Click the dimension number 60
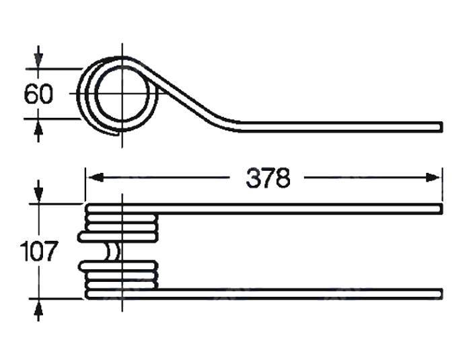pos(38,94)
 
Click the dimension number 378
pos(268,178)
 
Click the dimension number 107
pos(38,251)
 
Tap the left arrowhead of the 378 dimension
pos(96,178)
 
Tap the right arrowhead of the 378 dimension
pos(433,178)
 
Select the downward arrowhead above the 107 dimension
pos(38,196)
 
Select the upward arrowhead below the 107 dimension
pos(38,307)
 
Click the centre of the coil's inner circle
pos(122,94)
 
